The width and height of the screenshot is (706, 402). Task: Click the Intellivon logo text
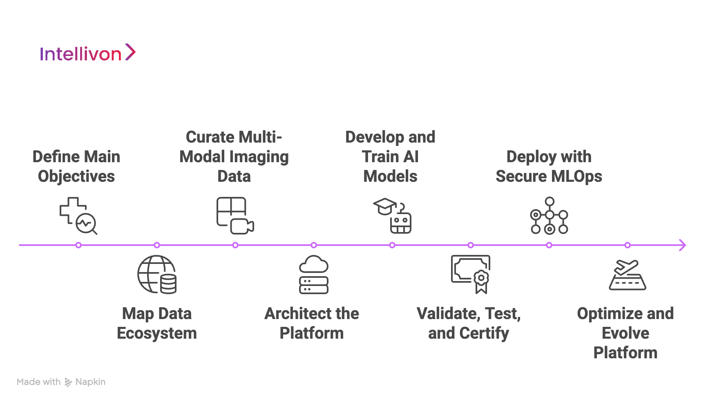pyautogui.click(x=80, y=54)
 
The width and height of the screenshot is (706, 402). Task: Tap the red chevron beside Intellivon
pyautogui.click(x=130, y=52)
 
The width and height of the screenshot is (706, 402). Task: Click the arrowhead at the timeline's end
pyautogui.click(x=682, y=245)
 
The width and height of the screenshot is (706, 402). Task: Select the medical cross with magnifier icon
pyautogui.click(x=78, y=216)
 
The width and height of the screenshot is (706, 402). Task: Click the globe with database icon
pyautogui.click(x=157, y=275)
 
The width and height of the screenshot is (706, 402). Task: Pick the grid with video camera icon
pyautogui.click(x=235, y=216)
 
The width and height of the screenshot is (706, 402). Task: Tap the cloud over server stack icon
pyautogui.click(x=313, y=275)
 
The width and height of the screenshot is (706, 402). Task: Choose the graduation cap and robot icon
pyautogui.click(x=392, y=216)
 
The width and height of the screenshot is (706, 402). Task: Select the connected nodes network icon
pyautogui.click(x=549, y=216)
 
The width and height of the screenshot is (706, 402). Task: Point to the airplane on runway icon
pyautogui.click(x=627, y=275)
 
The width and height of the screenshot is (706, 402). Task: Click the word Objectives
pyautogui.click(x=76, y=176)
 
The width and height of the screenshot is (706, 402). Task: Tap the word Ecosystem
pyautogui.click(x=157, y=333)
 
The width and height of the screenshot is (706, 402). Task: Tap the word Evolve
pyautogui.click(x=625, y=333)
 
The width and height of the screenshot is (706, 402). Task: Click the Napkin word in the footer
pyautogui.click(x=90, y=382)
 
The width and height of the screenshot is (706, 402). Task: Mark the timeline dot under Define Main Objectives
pyautogui.click(x=78, y=245)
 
